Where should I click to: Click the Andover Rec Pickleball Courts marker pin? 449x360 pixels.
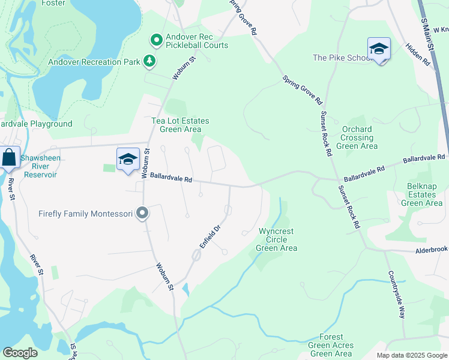[157, 41]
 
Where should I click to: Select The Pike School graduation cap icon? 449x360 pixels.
[379, 49]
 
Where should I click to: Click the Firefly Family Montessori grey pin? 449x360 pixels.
[142, 213]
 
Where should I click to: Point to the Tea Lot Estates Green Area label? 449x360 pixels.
[180, 125]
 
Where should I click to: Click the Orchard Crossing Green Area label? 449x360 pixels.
[357, 137]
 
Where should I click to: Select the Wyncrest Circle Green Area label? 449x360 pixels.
[277, 239]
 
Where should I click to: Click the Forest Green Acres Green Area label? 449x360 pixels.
[331, 345]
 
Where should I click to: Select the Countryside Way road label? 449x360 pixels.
[397, 295]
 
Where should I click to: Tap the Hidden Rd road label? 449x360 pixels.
[418, 54]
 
